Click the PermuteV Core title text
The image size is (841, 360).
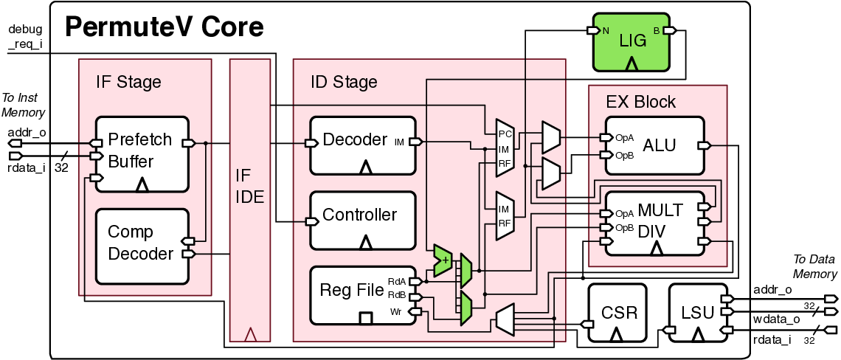coord(164,28)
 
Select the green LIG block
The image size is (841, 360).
coord(631,42)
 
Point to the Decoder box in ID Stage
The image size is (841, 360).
coord(362,145)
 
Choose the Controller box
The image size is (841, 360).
coord(362,220)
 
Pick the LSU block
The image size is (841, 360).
coord(696,313)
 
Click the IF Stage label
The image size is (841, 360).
coord(128,82)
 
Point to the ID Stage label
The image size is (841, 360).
coord(344,82)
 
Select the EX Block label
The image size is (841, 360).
coord(640,102)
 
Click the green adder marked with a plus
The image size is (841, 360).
coord(443,260)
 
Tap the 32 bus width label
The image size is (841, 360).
coord(61,167)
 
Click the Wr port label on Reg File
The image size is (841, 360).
coord(395,312)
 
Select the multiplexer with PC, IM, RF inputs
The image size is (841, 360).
coord(505,148)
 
